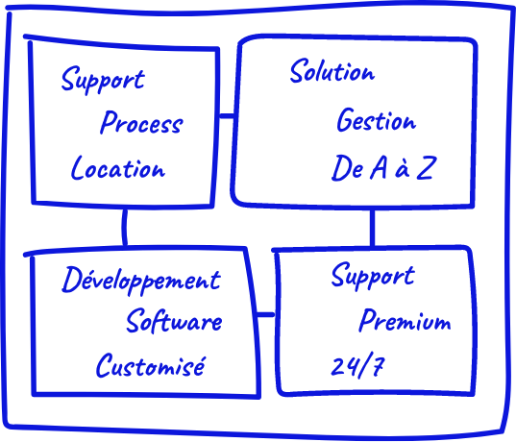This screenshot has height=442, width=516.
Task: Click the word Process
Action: pos(141,122)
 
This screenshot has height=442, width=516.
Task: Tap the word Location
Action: pos(118,168)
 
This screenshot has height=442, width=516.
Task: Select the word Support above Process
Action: pos(103,80)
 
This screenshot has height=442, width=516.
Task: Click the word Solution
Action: pos(332,71)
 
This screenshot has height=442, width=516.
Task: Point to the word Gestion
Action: pos(377,120)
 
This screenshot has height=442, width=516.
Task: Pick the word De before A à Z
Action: pos(348,168)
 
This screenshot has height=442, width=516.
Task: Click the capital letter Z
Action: pos(427,168)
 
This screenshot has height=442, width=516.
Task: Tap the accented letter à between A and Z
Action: pos(403,170)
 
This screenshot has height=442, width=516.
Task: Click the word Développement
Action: pos(141,281)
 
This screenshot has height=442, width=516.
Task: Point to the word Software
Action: pos(174,321)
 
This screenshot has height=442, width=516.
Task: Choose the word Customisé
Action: pos(151,365)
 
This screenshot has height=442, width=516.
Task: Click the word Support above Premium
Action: pos(373,276)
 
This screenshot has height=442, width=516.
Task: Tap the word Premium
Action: pos(405,320)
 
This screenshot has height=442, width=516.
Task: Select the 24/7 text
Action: pos(357,365)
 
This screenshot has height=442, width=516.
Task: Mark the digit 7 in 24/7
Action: pos(378,366)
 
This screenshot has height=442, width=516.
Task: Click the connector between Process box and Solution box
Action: pos(227,115)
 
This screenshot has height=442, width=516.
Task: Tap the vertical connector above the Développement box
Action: pos(124,227)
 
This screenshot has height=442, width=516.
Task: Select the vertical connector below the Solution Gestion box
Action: pos(372,228)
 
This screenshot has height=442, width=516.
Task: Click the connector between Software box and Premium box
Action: pos(265,315)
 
